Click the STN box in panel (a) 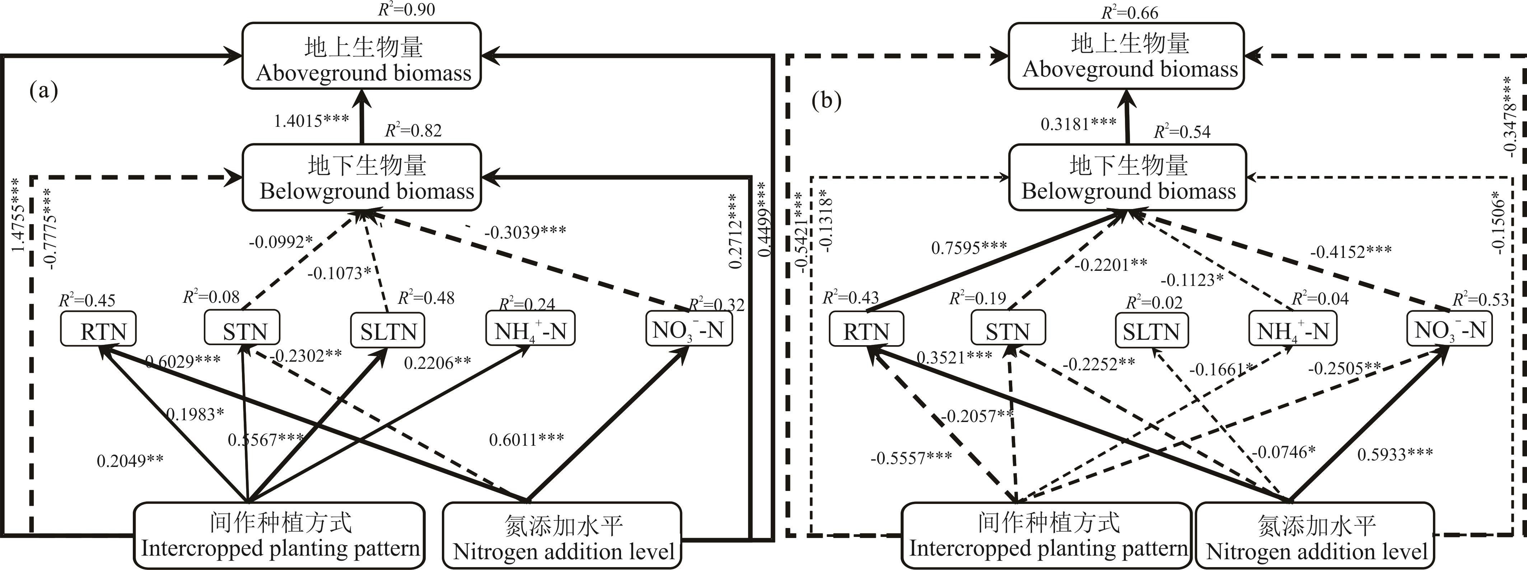pyautogui.click(x=242, y=328)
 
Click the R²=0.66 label pyautogui.click(x=1130, y=13)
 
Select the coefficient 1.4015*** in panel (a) pyautogui.click(x=311, y=121)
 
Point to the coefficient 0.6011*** pyautogui.click(x=526, y=440)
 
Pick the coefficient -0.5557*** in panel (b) pyautogui.click(x=911, y=457)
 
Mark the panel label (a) pyautogui.click(x=44, y=91)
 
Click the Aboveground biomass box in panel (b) pyautogui.click(x=1126, y=56)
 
